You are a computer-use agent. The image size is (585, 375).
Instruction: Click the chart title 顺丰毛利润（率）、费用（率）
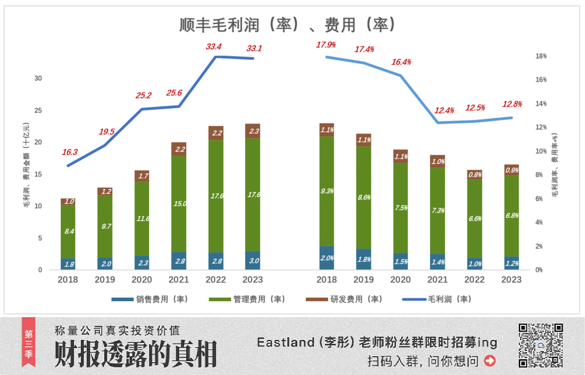coord(288,25)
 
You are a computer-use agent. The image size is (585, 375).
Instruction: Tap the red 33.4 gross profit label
coord(214,46)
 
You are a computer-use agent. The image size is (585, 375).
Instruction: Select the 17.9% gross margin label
coord(326,45)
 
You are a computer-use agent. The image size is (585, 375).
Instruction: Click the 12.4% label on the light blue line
coord(445,111)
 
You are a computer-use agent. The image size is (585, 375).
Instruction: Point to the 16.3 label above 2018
coord(70,152)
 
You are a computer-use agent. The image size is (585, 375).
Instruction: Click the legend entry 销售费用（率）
coord(149,299)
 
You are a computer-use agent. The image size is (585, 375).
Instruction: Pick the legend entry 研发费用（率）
coord(343,299)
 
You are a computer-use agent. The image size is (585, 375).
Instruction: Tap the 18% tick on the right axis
coord(541,56)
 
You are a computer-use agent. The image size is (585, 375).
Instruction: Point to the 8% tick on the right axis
coord(541,175)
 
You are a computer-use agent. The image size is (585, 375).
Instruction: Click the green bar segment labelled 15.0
coord(178,204)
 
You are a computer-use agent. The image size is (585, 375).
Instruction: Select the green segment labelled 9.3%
coord(326,191)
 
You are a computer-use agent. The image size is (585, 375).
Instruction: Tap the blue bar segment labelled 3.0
coord(253,260)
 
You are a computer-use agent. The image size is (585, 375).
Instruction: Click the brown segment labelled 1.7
coord(142,176)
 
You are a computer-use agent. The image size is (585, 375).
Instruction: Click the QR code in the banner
coord(541,345)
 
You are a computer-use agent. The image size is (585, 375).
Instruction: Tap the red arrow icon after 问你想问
coord(490,360)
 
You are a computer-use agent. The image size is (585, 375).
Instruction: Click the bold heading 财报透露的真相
coord(136,353)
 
